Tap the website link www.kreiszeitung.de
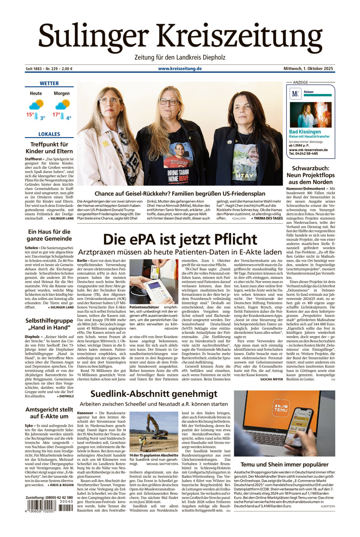(180, 69)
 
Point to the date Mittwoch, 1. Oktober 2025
(308, 69)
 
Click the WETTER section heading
(49, 83)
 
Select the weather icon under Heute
(36, 105)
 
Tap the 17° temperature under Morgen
(56, 114)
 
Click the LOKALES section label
(49, 134)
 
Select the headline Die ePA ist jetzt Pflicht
(180, 240)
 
